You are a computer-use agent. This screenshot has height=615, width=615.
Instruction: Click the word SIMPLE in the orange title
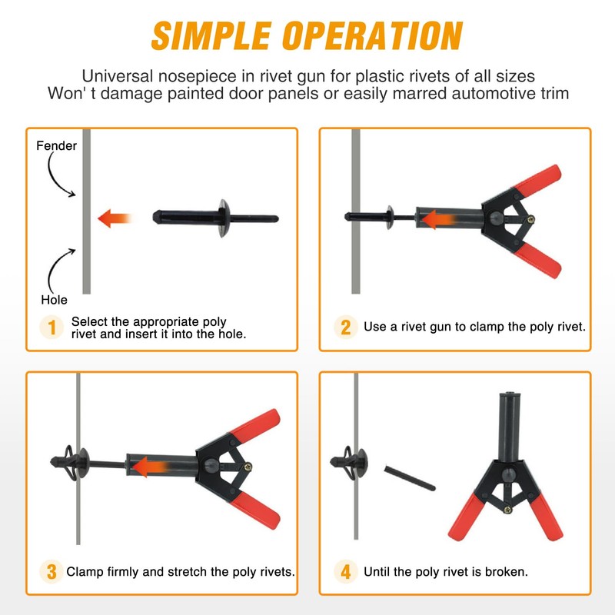211,35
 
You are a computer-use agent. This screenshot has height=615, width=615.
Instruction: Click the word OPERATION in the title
373,35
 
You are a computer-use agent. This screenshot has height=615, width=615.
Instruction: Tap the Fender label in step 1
56,146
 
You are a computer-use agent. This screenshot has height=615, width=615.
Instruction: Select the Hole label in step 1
54,300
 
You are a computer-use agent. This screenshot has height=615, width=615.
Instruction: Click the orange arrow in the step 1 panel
114,218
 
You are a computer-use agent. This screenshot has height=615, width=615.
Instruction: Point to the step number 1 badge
52,327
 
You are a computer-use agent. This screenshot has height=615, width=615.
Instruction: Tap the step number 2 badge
345,327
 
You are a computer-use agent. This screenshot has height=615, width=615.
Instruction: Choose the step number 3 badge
52,571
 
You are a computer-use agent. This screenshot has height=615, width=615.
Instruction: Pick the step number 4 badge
345,571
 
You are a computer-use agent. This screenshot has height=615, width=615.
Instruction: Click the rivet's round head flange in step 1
224,218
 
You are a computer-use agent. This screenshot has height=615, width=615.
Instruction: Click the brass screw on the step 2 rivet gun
531,220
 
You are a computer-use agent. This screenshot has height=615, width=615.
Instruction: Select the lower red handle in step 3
257,510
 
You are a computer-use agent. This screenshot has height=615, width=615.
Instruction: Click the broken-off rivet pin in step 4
410,478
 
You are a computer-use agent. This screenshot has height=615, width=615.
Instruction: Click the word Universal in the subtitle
118,76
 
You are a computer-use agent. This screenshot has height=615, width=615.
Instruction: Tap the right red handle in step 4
546,517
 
